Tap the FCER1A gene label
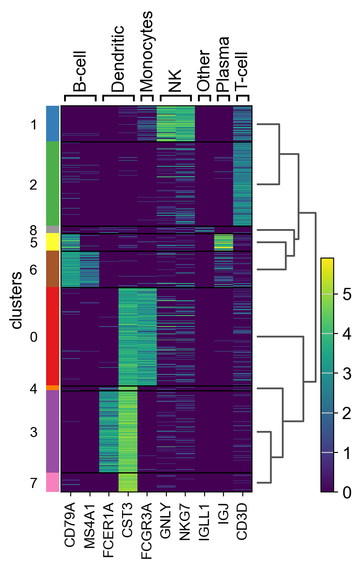(x=108, y=527)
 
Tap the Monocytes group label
(x=147, y=50)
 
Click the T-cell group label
(x=242, y=71)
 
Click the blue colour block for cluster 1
(x=53, y=123)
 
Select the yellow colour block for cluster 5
(x=53, y=242)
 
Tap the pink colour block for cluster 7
(x=53, y=482)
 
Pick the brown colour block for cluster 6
(x=53, y=269)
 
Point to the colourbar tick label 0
(x=346, y=492)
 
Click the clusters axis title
(x=17, y=300)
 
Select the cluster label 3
(x=33, y=432)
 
